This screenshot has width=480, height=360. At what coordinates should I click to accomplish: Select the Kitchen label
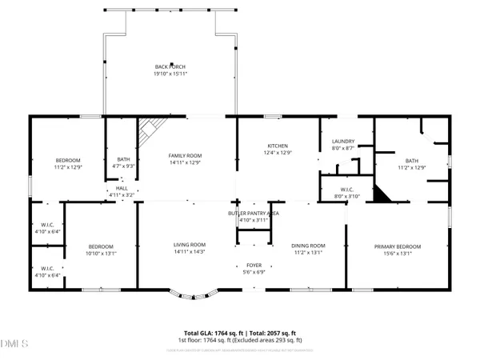[277, 146]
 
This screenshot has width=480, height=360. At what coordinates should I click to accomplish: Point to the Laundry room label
[342, 142]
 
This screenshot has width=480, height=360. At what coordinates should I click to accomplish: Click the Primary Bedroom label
[398, 246]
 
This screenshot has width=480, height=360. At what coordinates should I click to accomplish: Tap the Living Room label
[190, 245]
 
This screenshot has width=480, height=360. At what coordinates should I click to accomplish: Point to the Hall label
[122, 189]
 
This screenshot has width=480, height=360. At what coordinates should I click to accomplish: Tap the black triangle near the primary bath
[385, 193]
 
